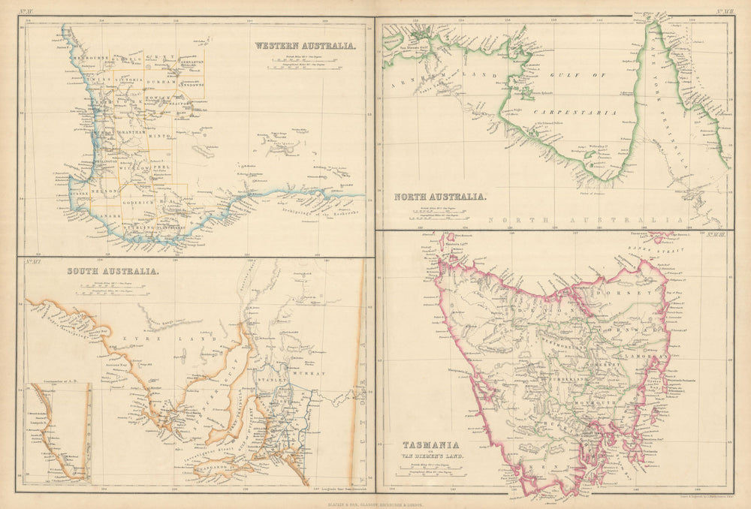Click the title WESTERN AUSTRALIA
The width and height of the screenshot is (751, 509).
coord(305,46)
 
